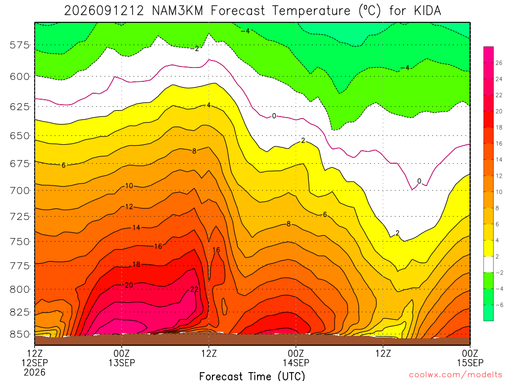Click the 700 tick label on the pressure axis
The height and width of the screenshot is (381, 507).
point(20,190)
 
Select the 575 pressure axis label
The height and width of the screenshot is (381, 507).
point(20,45)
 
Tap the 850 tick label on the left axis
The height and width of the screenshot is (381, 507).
point(20,334)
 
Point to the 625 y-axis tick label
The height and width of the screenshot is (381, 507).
point(20,107)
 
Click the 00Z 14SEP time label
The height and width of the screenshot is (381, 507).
point(296,358)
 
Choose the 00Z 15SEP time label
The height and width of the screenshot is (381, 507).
point(470,358)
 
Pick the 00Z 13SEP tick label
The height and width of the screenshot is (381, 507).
point(122,358)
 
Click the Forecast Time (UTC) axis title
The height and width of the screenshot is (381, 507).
point(252,376)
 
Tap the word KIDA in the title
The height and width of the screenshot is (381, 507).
point(427,11)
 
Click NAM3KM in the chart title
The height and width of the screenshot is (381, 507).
point(178,11)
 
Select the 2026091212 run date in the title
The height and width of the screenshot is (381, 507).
point(104,11)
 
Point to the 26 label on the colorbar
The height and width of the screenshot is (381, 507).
point(499,63)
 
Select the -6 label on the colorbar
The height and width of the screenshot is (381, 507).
point(500,305)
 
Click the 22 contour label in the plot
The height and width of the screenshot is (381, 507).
point(194,289)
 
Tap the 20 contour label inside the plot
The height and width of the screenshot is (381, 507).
point(129,285)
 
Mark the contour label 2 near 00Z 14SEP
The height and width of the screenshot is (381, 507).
point(303,140)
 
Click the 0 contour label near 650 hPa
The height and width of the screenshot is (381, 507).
point(274,116)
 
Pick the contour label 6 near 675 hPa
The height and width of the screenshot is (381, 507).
point(64,165)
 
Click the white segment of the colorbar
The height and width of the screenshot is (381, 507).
point(489,264)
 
